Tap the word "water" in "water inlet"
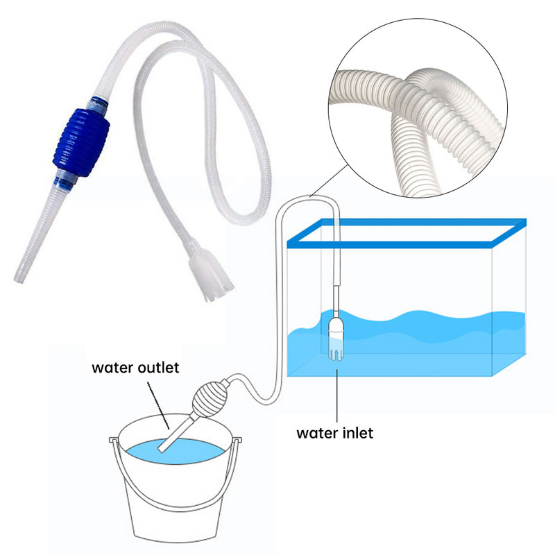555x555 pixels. tap(315, 434)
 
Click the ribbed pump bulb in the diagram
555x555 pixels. tap(213, 398)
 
